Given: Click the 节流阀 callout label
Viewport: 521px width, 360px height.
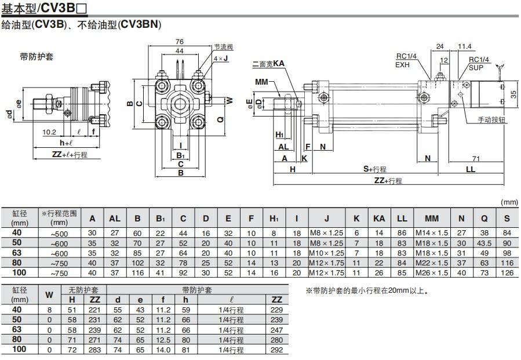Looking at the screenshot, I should (223, 47).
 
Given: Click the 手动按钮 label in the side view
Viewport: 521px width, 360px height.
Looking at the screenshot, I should (491, 120).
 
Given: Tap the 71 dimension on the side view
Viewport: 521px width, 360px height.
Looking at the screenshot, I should (475, 158).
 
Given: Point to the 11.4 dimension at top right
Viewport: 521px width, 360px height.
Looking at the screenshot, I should (464, 46).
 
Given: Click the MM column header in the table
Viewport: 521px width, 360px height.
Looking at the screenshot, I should (432, 219).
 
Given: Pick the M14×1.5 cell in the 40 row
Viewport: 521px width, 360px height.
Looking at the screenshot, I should (432, 232).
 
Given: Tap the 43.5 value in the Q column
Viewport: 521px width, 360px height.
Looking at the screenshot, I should (484, 243).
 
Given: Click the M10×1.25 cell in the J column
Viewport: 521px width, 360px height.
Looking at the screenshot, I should (327, 253).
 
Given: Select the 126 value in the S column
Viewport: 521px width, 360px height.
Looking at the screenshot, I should (507, 272).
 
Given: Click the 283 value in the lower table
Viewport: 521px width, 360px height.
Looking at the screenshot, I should (94, 350).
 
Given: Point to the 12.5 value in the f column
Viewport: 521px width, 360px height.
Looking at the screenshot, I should (163, 340).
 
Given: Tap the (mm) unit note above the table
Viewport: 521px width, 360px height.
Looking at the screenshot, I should (508, 202).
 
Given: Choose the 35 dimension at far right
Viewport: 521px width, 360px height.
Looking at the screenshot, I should (513, 93).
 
